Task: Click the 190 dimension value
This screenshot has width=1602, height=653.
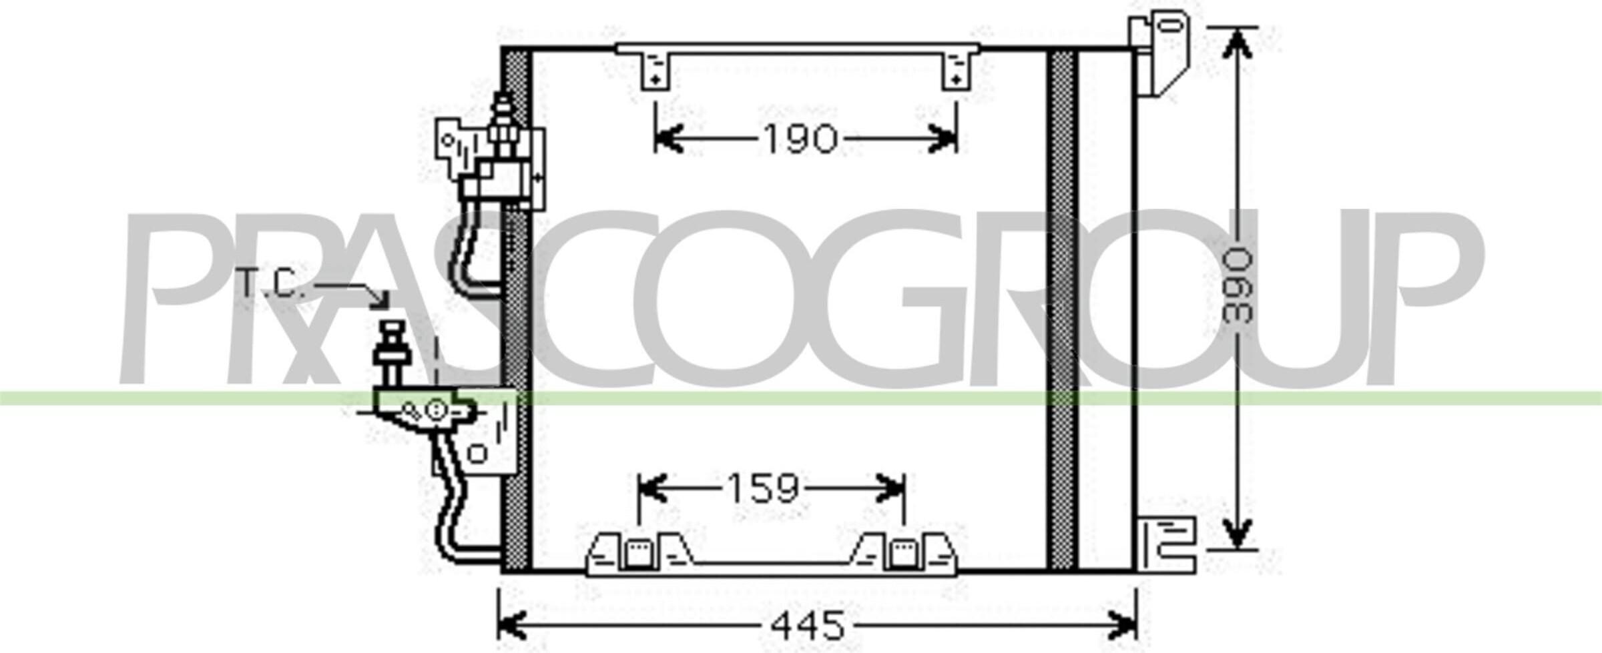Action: click(799, 139)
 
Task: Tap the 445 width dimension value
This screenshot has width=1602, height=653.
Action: click(808, 625)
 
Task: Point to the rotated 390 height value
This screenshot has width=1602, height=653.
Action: click(1238, 285)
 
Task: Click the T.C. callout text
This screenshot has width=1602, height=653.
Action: click(271, 284)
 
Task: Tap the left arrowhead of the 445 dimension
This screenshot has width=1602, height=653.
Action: click(513, 625)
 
